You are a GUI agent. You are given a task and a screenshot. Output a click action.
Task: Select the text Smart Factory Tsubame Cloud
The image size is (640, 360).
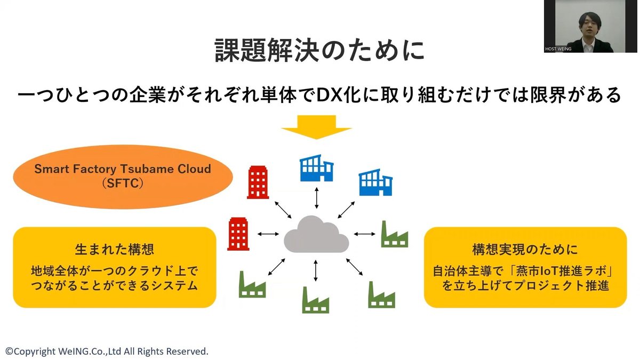coord(123,169)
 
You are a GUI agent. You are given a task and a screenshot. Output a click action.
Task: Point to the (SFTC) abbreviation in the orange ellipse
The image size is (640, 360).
coord(123,182)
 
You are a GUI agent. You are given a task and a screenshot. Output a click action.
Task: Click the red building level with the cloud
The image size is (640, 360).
coord(238,234)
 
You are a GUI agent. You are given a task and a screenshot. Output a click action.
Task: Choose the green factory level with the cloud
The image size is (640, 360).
coord(394,235)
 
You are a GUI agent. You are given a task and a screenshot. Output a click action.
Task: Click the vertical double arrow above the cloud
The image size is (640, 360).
coord(317,198)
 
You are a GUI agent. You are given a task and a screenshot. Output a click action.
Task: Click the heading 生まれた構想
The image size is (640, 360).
coord(115,250)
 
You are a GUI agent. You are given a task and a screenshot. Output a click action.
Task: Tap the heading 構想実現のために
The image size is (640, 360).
coord(525,250)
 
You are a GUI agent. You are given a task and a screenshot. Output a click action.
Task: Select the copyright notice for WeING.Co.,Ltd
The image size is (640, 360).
coord(107,351)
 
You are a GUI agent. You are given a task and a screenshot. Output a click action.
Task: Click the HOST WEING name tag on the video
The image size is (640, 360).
coord(558,49)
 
